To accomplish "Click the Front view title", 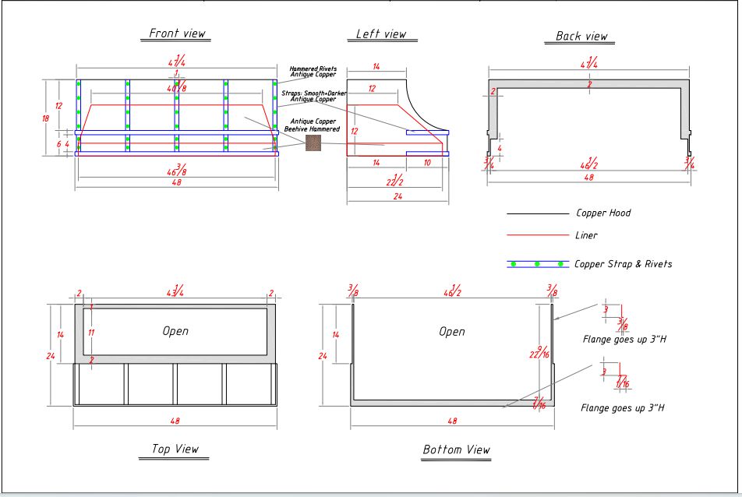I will [x=178, y=33].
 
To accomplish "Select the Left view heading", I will [x=381, y=33].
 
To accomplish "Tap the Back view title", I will [x=581, y=36].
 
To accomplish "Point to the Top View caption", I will [x=175, y=449].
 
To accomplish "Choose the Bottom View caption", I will [x=457, y=449].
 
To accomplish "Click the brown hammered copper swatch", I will [x=313, y=143].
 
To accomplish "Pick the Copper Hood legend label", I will [x=603, y=213].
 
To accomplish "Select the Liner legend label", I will [x=586, y=235].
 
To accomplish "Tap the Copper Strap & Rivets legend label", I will [x=623, y=264].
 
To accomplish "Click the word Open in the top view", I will [x=175, y=331].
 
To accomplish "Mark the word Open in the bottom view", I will [x=452, y=332].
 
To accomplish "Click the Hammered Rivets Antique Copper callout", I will [x=313, y=72].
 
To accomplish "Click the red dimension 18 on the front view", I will [x=45, y=118].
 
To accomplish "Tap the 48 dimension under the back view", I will [x=588, y=178].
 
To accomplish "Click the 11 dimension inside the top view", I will [x=91, y=333].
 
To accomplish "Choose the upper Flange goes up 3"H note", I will [x=623, y=340].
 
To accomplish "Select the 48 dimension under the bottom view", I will [x=453, y=421].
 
